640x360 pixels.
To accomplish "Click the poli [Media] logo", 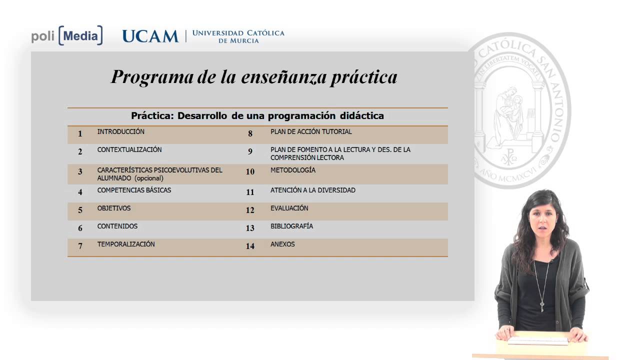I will pyautogui.click(x=67, y=36).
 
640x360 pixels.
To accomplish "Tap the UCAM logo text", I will pyautogui.click(x=150, y=36).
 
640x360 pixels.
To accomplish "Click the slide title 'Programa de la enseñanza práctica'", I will pyautogui.click(x=254, y=77).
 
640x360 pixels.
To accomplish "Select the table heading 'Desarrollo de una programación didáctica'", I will pyautogui.click(x=257, y=116).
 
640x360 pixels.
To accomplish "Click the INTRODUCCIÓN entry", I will pyautogui.click(x=120, y=132).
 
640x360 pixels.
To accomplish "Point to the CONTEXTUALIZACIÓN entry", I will pyautogui.click(x=129, y=150).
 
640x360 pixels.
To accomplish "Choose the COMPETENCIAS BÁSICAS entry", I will pyautogui.click(x=134, y=190).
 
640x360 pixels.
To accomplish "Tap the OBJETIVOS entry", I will pyautogui.click(x=114, y=208).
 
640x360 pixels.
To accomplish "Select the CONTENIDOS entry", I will pyautogui.click(x=117, y=226).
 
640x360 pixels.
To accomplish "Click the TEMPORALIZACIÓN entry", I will pyautogui.click(x=126, y=244).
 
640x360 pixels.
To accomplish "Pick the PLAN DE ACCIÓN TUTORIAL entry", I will pyautogui.click(x=311, y=132).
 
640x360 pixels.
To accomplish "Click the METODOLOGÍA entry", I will pyautogui.click(x=293, y=170).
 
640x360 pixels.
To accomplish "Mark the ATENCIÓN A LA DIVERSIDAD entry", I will pyautogui.click(x=313, y=190).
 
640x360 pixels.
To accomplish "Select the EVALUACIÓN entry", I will pyautogui.click(x=289, y=208).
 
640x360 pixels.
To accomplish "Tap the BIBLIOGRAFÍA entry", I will pyautogui.click(x=291, y=226).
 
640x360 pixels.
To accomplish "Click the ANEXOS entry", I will pyautogui.click(x=282, y=244).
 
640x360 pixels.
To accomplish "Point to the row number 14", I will pyautogui.click(x=250, y=246).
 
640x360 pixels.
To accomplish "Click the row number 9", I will pyautogui.click(x=250, y=151).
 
